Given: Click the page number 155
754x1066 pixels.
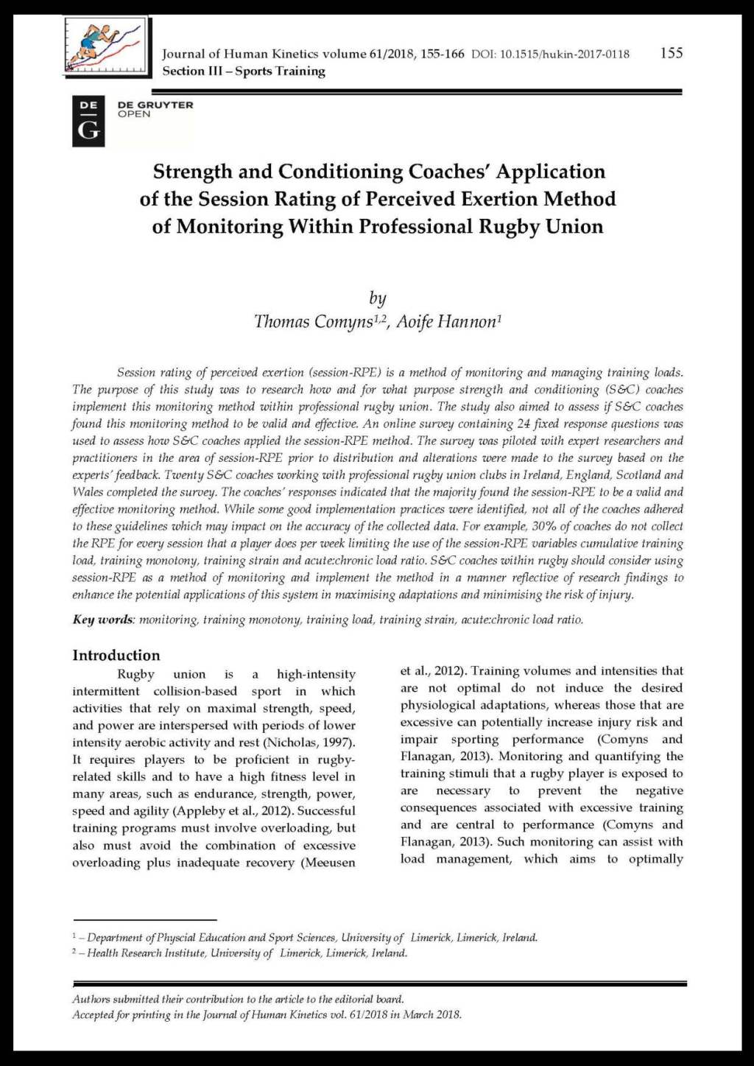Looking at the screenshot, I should click(x=671, y=53).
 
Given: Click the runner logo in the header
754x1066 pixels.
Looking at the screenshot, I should click(x=105, y=46).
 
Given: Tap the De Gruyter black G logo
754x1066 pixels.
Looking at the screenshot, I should click(x=88, y=122).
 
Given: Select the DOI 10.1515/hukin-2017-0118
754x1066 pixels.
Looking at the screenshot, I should click(x=550, y=54).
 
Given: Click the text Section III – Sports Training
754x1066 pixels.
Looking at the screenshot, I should click(x=244, y=71).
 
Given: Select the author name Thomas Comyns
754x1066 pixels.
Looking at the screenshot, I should click(x=313, y=322).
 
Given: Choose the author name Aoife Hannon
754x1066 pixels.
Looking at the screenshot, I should click(x=446, y=322).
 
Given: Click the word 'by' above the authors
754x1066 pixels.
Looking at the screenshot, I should click(x=377, y=298).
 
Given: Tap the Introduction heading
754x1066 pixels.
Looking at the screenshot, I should click(x=116, y=655).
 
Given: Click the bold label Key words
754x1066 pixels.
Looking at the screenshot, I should click(x=102, y=620).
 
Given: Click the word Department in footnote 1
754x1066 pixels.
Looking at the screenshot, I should click(x=115, y=938).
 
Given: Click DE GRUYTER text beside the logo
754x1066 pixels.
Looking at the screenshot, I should click(x=155, y=105).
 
